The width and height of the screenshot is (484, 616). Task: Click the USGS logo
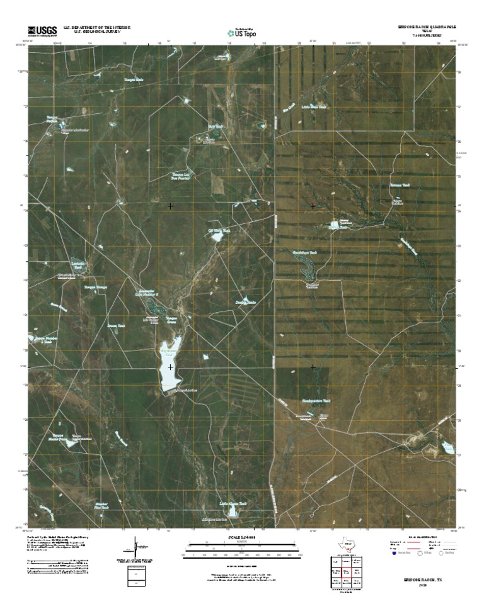(x=42, y=30)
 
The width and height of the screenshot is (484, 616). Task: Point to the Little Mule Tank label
(x=314, y=107)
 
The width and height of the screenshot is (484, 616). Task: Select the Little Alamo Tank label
(x=233, y=503)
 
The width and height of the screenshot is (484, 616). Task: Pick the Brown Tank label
(x=116, y=325)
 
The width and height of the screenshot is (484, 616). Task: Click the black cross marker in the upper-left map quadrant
(x=170, y=206)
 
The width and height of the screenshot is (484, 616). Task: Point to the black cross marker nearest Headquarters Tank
(x=313, y=366)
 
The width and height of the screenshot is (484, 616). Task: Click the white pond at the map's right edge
(x=447, y=447)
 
